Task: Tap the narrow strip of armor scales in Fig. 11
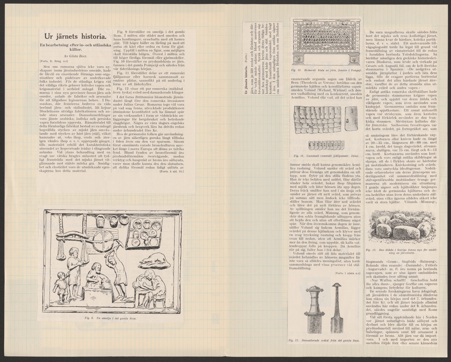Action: tap(326, 145)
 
